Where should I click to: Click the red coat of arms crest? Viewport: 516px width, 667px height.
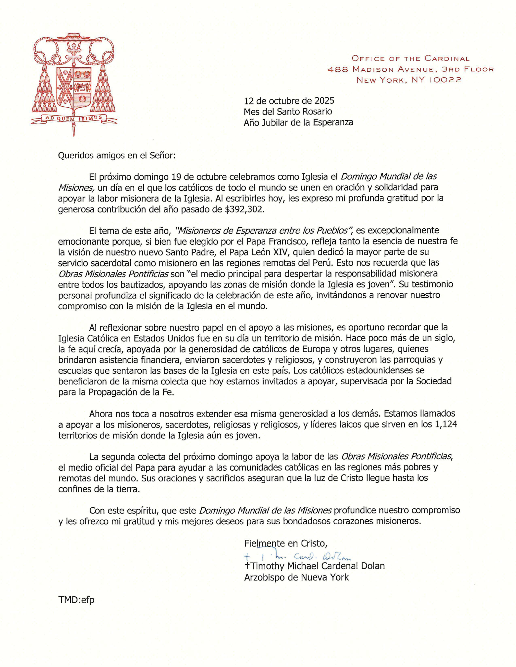click(x=73, y=83)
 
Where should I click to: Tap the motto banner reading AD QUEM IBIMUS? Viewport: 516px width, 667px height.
click(x=74, y=118)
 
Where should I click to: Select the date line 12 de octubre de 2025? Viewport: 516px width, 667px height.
click(x=289, y=100)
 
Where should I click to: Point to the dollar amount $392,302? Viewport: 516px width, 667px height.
click(x=244, y=209)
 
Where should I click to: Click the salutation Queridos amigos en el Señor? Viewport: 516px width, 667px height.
click(x=116, y=155)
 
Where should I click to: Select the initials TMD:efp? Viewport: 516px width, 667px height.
click(x=76, y=600)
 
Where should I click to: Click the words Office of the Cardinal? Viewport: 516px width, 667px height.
click(x=410, y=58)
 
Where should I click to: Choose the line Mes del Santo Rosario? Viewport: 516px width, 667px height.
click(x=288, y=111)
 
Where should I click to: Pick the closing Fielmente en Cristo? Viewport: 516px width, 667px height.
click(x=285, y=543)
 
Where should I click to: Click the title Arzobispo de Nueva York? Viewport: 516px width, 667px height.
click(x=296, y=577)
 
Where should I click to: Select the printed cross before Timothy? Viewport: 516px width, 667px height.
click(x=247, y=566)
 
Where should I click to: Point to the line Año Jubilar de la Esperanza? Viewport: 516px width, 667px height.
click(x=298, y=122)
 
